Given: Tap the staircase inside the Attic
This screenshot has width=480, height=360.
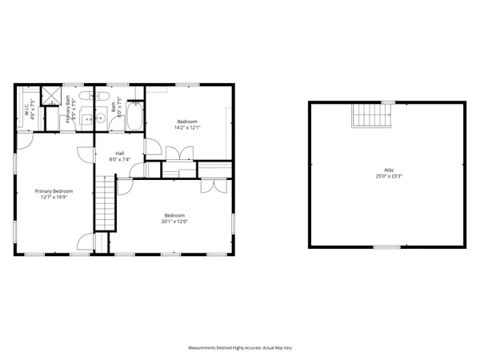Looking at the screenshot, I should tap(371, 117).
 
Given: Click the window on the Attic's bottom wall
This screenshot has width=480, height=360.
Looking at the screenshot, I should tap(387, 247).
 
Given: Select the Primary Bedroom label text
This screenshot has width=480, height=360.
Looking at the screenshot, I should tap(54, 191).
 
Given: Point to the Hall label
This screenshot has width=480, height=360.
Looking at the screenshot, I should tap(119, 153).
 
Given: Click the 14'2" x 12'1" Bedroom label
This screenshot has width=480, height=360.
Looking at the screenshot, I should tap(188, 122).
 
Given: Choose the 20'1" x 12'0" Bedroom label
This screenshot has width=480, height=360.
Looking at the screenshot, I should tap(175, 215).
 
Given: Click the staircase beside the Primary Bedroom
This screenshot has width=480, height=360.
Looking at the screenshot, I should tap(106, 203).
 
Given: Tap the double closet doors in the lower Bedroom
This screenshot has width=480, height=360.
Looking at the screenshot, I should tap(213, 186).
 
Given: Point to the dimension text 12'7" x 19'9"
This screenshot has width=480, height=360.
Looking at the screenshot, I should tap(54, 197).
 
